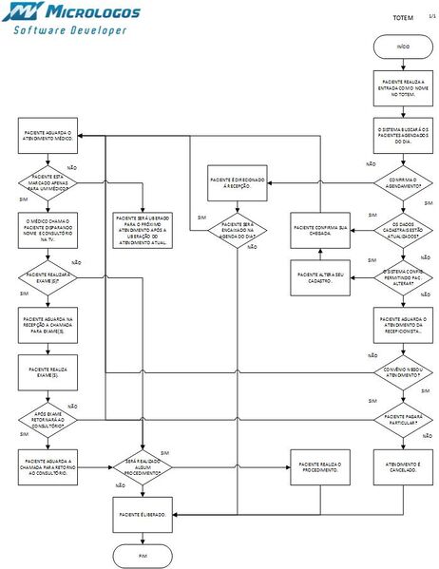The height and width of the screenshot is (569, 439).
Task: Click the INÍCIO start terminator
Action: (403, 47)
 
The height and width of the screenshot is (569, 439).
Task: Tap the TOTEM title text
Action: (403, 17)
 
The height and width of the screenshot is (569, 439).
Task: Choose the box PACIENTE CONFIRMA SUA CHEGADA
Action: (320, 229)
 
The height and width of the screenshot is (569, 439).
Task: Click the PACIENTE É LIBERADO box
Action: (143, 514)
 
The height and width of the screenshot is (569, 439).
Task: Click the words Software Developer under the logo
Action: (70, 31)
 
